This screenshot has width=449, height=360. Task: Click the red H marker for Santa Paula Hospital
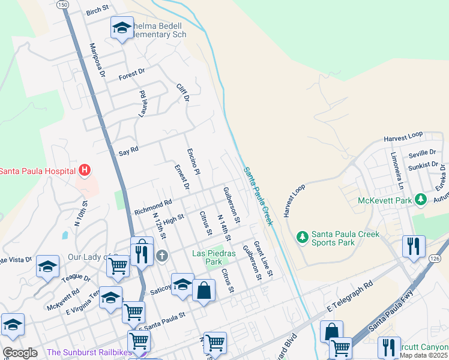85,171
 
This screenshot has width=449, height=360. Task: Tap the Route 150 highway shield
62,4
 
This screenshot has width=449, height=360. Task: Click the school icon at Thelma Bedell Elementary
122,28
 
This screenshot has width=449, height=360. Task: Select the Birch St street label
97,11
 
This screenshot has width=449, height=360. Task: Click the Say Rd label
128,149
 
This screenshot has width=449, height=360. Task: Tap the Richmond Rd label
153,207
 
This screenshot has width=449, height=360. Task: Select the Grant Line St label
263,259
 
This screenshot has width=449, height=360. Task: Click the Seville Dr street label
422,154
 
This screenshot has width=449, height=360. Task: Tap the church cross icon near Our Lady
161,257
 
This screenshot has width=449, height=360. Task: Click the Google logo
20,353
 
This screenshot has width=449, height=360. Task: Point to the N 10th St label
80,213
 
